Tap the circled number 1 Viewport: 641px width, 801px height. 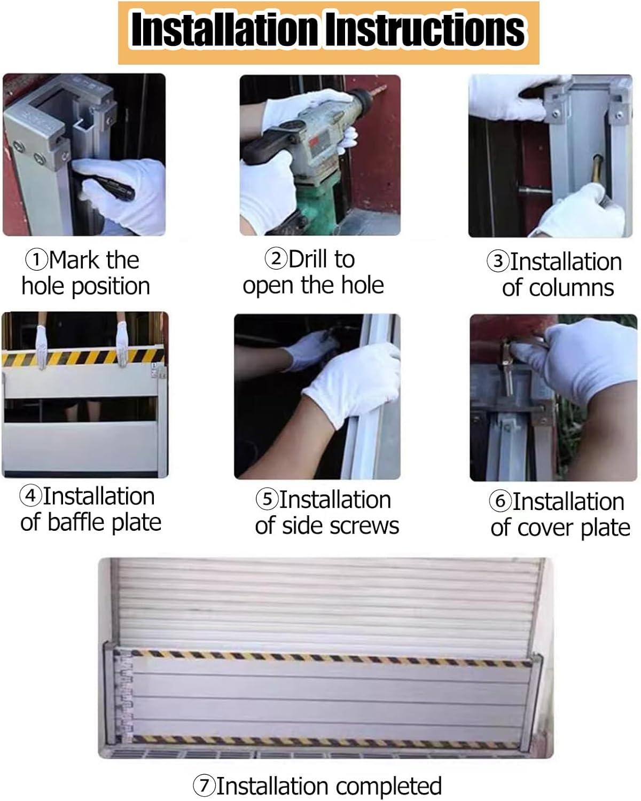36,260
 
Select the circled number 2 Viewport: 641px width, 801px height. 276,258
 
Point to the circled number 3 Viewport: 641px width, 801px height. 498,261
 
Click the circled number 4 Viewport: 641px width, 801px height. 31,496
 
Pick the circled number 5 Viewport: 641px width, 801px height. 267,499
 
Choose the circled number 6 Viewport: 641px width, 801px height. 500,501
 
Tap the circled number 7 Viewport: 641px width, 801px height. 204,786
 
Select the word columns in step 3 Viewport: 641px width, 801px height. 572,288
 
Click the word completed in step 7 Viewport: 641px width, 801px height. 389,787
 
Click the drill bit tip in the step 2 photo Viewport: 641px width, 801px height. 385,87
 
